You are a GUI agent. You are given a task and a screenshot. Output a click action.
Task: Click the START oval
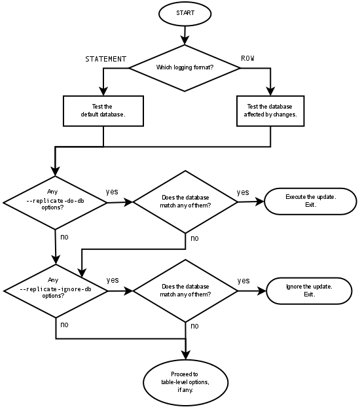(x=185, y=13)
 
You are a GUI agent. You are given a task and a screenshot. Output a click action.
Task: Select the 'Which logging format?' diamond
(x=185, y=67)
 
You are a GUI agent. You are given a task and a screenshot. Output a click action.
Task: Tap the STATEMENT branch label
(x=105, y=59)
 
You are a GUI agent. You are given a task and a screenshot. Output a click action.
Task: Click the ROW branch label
(x=247, y=59)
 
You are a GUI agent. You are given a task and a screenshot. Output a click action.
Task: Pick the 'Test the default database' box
(x=103, y=111)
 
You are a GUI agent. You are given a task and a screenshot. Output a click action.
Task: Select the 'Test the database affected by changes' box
(x=270, y=111)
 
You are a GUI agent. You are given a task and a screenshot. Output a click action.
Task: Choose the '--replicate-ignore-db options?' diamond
(x=56, y=291)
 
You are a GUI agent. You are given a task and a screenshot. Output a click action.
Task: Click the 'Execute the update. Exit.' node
(x=311, y=201)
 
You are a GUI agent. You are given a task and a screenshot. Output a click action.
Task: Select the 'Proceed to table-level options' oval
(x=185, y=382)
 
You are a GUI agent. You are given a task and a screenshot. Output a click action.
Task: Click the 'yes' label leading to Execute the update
(x=243, y=192)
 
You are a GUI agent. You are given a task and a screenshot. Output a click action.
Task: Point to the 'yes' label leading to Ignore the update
(x=243, y=281)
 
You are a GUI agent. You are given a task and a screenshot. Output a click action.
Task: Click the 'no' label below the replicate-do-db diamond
(x=64, y=237)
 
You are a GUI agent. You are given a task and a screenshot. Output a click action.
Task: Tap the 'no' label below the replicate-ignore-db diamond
(x=64, y=325)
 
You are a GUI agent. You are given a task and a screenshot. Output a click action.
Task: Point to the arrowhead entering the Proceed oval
(x=186, y=355)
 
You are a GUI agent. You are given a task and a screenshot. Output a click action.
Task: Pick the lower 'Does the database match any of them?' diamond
(x=185, y=291)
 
